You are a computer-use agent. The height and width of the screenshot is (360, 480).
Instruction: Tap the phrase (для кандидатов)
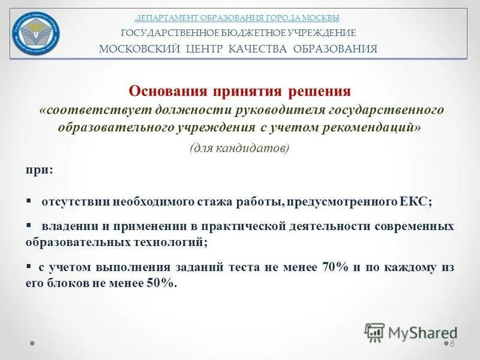pyautogui.click(x=239, y=148)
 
